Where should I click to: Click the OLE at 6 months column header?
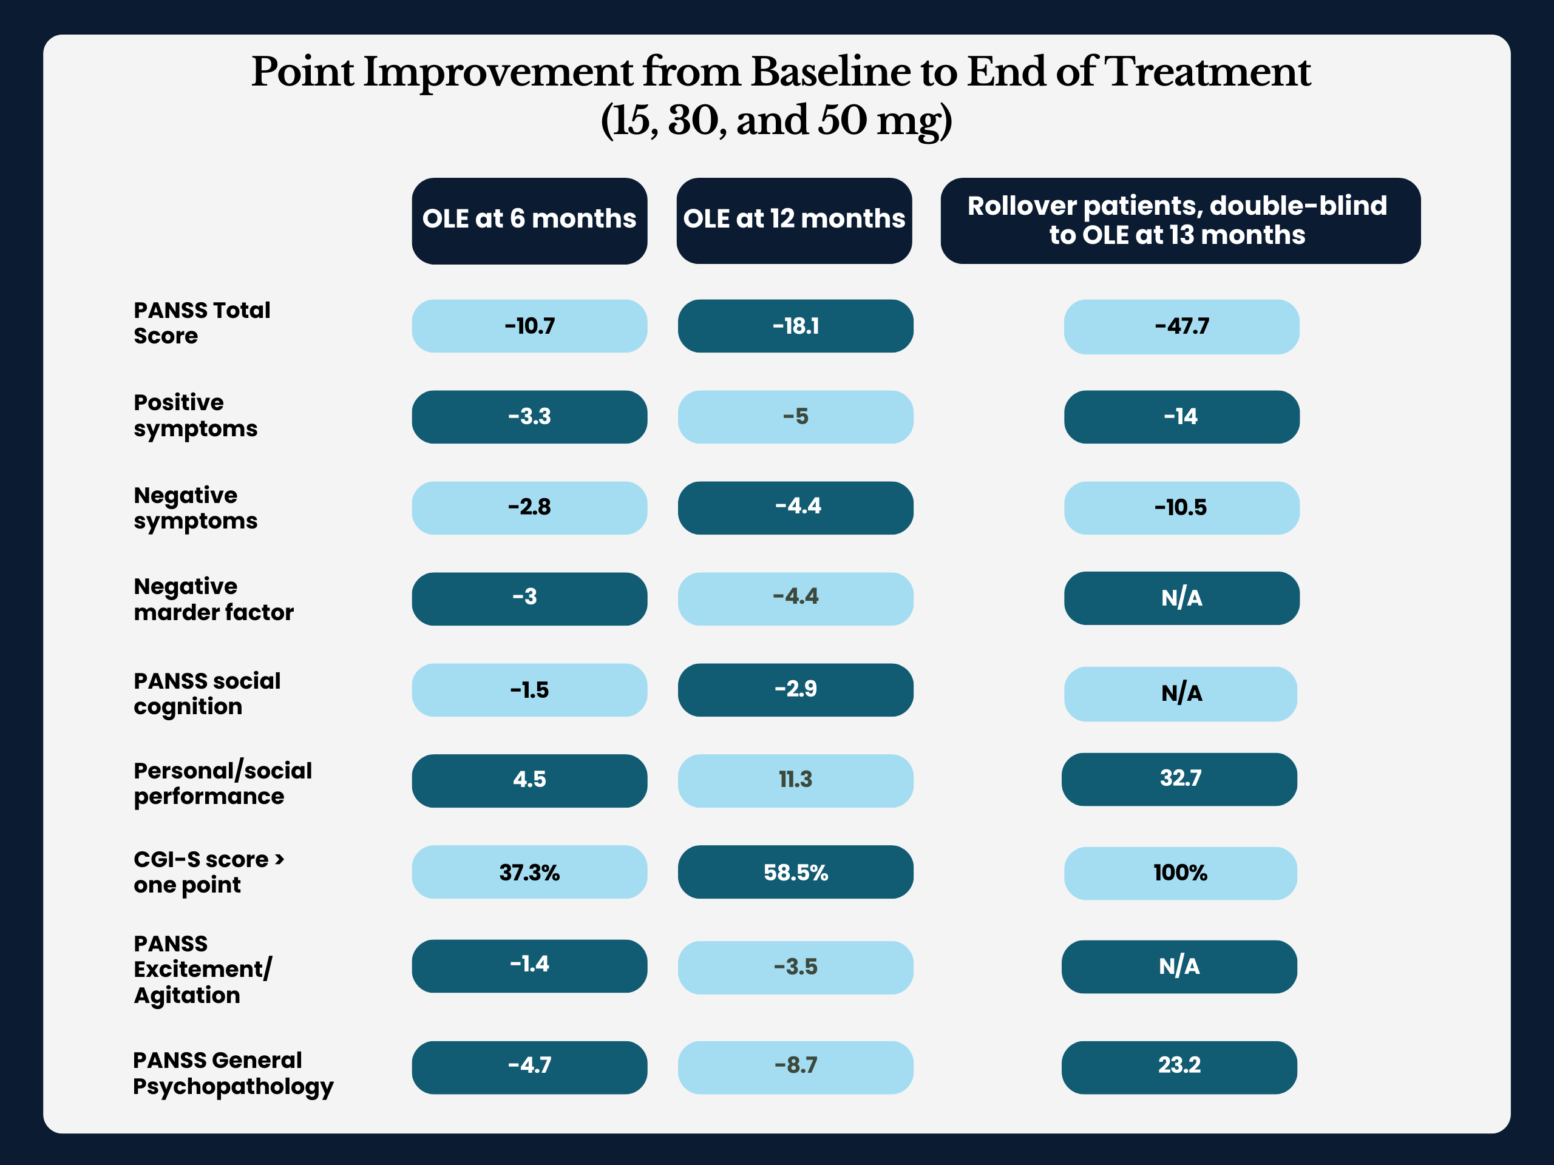(x=529, y=220)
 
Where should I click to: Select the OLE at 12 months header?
(x=794, y=220)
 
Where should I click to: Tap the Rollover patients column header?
(x=1180, y=220)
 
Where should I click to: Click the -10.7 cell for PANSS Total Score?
(x=529, y=326)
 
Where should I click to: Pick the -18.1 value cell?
(x=795, y=326)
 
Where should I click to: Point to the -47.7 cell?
(x=1182, y=326)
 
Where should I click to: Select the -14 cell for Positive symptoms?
(x=1182, y=416)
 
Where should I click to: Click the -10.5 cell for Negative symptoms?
(x=1182, y=508)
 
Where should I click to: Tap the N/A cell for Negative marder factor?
(x=1182, y=598)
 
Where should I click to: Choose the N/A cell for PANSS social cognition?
(x=1180, y=694)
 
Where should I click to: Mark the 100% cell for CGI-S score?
(x=1180, y=873)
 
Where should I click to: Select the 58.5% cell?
(x=795, y=872)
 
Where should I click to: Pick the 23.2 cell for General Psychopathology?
(x=1179, y=1067)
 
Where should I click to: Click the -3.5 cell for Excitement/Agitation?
(x=795, y=968)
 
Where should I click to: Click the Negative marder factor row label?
(x=214, y=599)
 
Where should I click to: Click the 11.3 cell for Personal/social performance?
(x=795, y=781)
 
